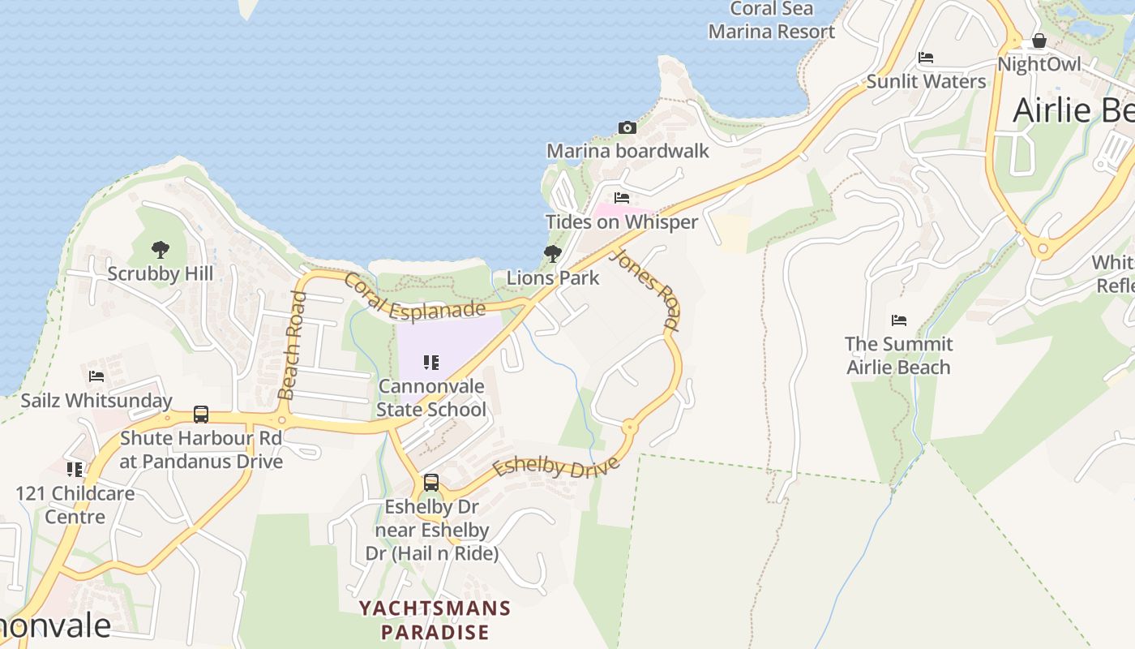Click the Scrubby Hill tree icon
click(x=161, y=249)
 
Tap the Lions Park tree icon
click(x=553, y=254)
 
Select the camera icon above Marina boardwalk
click(x=627, y=127)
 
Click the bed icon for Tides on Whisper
click(x=622, y=198)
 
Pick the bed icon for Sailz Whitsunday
click(x=96, y=376)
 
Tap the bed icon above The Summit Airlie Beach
click(x=898, y=320)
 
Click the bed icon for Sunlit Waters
click(x=926, y=58)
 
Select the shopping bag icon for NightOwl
click(x=1039, y=41)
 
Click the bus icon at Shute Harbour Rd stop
click(x=201, y=415)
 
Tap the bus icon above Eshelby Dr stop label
click(x=431, y=483)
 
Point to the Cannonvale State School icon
click(x=431, y=363)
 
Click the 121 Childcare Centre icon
click(x=75, y=469)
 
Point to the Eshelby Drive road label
click(x=556, y=468)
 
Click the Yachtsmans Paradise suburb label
click(x=435, y=620)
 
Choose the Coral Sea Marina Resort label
click(x=772, y=20)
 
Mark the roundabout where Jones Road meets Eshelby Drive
click(x=629, y=426)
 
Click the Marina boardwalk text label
click(x=627, y=151)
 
